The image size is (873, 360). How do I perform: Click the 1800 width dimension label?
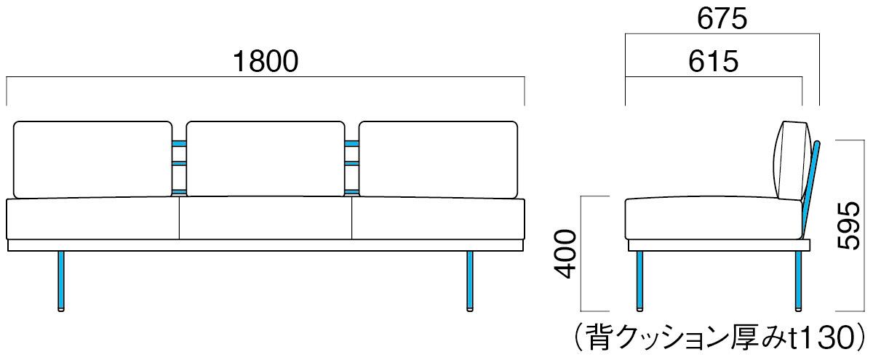pos(266,62)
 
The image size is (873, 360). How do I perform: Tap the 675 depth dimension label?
pos(721,20)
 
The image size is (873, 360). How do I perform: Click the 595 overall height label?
pos(848,226)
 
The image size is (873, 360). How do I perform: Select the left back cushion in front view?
pos(93,159)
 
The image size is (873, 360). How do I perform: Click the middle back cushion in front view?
pos(265,159)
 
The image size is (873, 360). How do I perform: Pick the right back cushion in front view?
pos(438,159)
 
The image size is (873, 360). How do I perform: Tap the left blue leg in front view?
pos(62,281)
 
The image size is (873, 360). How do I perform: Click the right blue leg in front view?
pos(470,281)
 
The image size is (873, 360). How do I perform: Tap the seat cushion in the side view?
pos(713,218)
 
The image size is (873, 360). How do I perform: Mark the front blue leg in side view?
pos(639,281)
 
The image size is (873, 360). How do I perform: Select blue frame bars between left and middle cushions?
pos(178,166)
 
